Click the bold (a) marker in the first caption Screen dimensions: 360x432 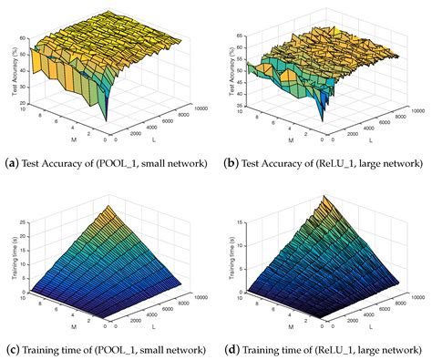[12, 163]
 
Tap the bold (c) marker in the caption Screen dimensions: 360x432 [12, 348]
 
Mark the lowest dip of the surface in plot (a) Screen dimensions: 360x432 [105, 119]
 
